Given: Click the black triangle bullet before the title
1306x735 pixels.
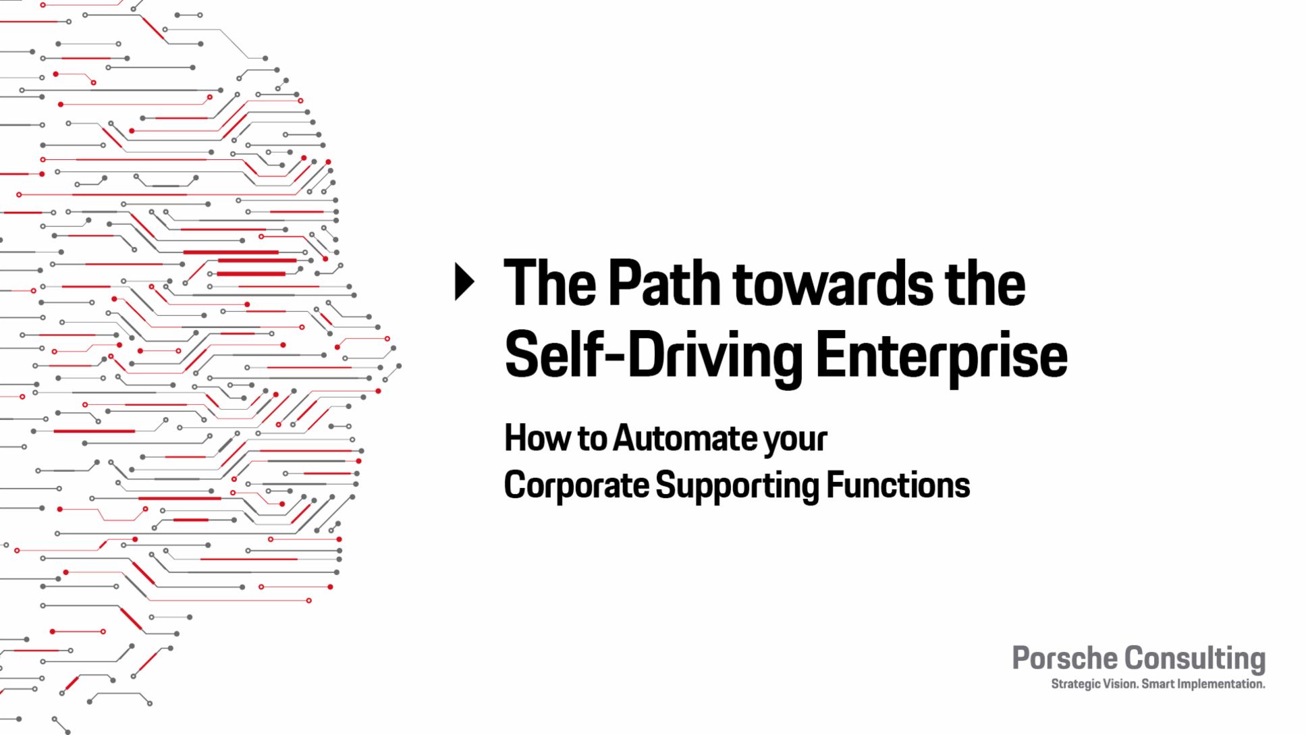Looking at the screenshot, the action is tap(465, 281).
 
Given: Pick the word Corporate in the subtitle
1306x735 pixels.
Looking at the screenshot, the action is tap(577, 485).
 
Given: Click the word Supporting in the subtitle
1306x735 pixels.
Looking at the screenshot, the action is tap(738, 485).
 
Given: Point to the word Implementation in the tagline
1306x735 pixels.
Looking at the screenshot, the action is tap(1221, 684).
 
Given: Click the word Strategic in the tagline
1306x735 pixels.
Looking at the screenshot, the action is tap(1075, 684).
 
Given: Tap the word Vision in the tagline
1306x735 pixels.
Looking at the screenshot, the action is tap(1120, 684).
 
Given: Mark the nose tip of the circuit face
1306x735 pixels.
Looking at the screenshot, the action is tap(399, 366).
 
